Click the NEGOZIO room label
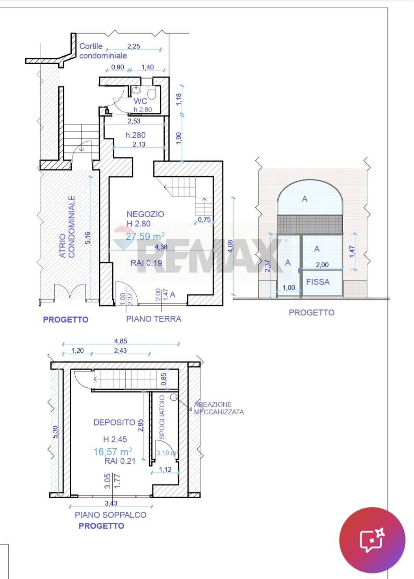click(x=145, y=214)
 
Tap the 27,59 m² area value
click(x=145, y=236)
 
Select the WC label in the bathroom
click(x=140, y=101)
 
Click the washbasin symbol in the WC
click(x=136, y=90)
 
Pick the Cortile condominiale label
click(x=103, y=51)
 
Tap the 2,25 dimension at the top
click(x=134, y=46)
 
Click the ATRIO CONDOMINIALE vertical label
click(x=67, y=226)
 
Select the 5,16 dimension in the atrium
click(x=88, y=238)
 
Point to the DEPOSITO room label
click(x=114, y=422)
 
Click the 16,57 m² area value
click(x=113, y=451)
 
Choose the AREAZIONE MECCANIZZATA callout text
click(x=219, y=408)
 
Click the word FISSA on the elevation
click(x=318, y=282)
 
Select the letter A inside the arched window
click(x=305, y=199)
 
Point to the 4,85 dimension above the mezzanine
click(x=121, y=341)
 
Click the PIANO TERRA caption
click(x=154, y=319)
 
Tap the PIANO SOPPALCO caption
click(x=110, y=515)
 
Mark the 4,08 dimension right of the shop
click(x=230, y=246)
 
